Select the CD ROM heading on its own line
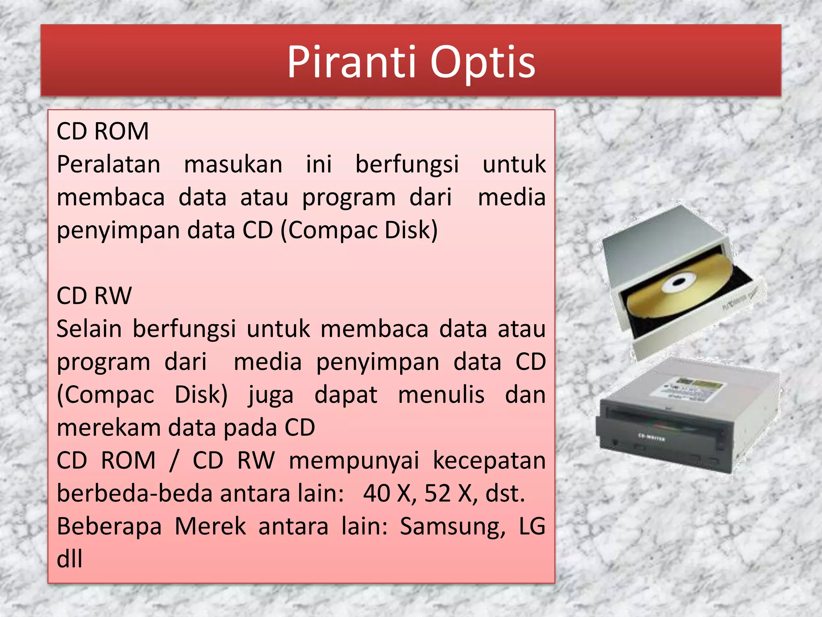(x=103, y=131)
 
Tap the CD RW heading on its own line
(x=94, y=296)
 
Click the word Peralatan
(x=108, y=165)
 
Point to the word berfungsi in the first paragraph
(x=407, y=165)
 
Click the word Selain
(x=89, y=329)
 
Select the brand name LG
(x=532, y=526)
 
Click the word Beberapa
(x=109, y=527)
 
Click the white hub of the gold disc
(x=678, y=283)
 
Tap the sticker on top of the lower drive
(x=686, y=387)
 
